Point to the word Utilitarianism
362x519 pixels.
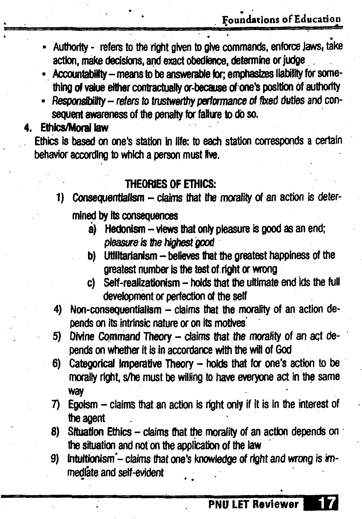[131, 256]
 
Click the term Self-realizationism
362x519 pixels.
[142, 283]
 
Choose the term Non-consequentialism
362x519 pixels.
[116, 310]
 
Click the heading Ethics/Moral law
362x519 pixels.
[74, 128]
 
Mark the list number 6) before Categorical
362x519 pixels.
[57, 364]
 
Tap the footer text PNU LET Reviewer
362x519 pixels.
[253, 504]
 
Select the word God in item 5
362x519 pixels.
[284, 350]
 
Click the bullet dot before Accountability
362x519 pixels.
[44, 74]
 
